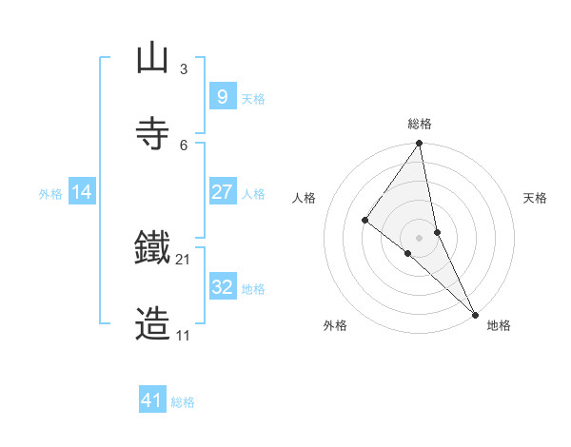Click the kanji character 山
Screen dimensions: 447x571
(152, 59)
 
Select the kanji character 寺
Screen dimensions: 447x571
(152, 134)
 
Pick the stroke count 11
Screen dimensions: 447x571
(183, 336)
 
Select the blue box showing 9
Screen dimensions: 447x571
(222, 96)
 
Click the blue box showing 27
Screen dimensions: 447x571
(222, 192)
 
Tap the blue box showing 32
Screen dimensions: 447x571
(222, 287)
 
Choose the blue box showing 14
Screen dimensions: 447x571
(82, 192)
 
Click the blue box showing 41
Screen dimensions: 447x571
(152, 400)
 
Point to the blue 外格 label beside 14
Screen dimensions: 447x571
(50, 194)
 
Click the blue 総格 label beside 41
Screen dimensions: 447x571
(183, 402)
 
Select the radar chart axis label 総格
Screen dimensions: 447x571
(420, 124)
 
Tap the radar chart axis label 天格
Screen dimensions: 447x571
(535, 198)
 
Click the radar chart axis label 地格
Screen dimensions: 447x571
(499, 326)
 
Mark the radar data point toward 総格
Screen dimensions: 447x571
(420, 144)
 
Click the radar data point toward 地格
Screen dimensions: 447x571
(475, 313)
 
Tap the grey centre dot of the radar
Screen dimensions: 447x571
(420, 237)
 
